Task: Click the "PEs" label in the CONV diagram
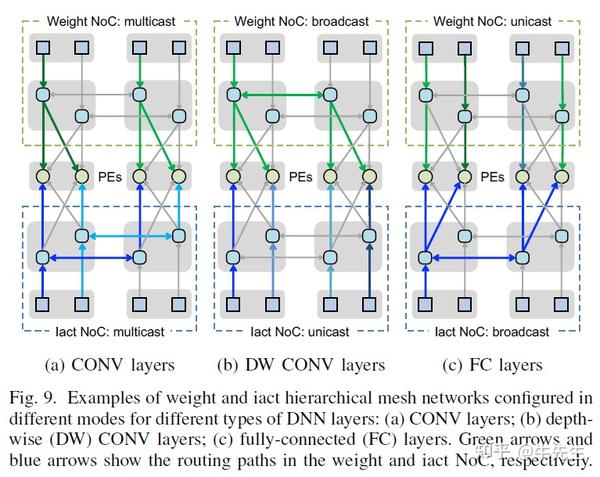[x=110, y=177]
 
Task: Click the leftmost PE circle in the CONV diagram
[x=43, y=177]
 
